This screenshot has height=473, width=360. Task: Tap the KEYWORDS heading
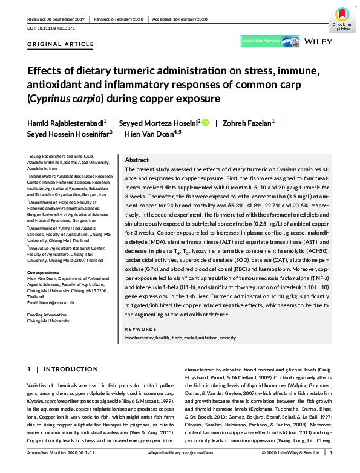141,328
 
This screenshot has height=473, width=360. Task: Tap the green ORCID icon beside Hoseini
205,123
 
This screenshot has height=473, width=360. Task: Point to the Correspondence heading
45,273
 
